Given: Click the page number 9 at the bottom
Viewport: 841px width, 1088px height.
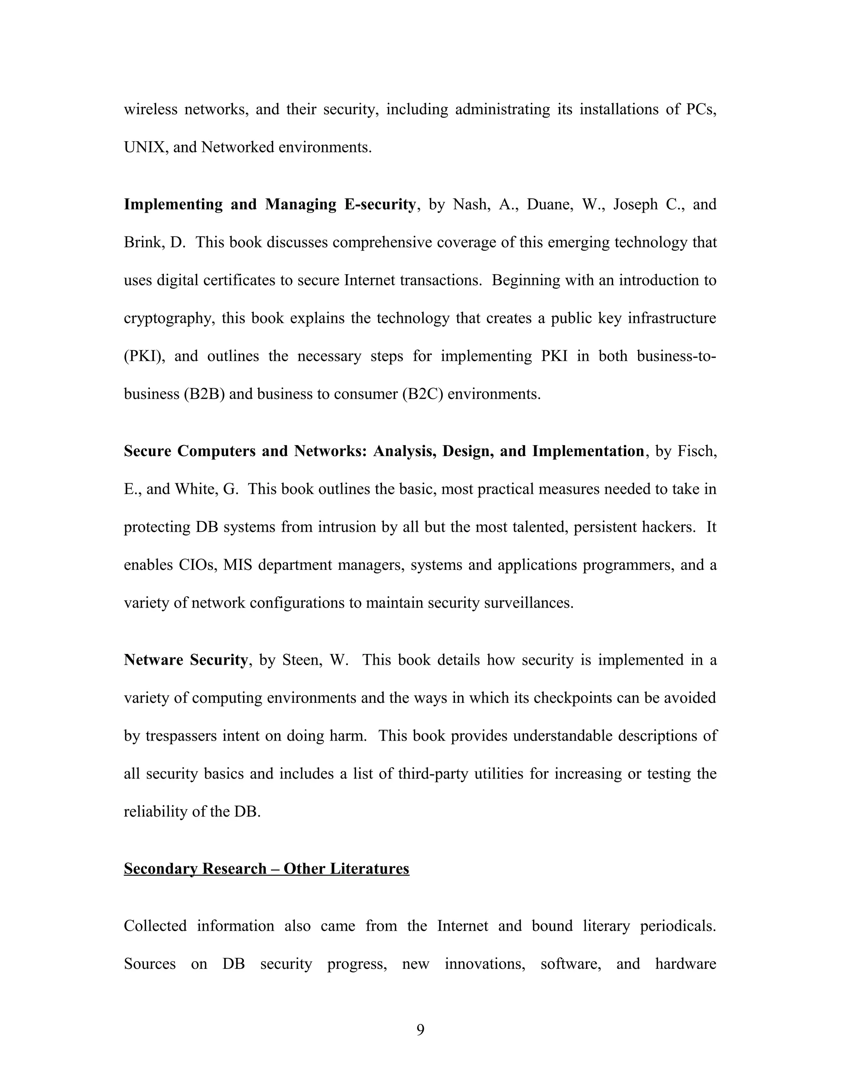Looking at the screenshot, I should pos(420,1029).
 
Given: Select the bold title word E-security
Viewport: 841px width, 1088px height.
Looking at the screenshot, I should pos(380,204).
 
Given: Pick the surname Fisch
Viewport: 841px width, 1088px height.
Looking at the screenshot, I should pos(697,451).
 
